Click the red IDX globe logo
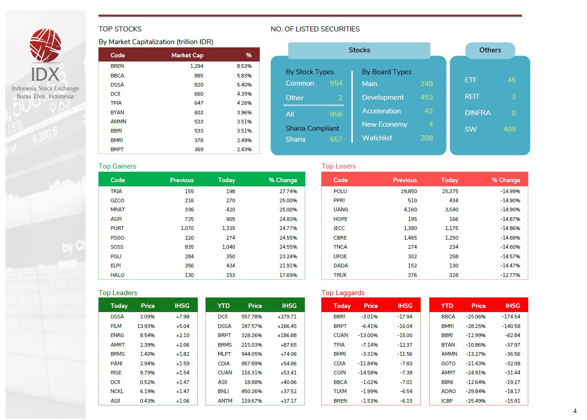click(x=45, y=45)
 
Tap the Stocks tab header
click(x=359, y=50)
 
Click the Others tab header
click(x=490, y=50)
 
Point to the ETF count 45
click(x=511, y=80)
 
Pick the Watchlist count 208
click(x=426, y=138)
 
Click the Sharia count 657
click(x=336, y=139)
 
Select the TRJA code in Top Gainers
click(x=116, y=191)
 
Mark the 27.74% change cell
click(x=288, y=191)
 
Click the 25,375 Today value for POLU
click(x=450, y=191)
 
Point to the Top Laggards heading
click(x=343, y=293)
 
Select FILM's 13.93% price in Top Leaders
click(x=146, y=326)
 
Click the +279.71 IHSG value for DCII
click(x=287, y=317)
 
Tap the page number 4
click(x=575, y=411)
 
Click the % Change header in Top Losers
click(x=505, y=180)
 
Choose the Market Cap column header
click(x=187, y=55)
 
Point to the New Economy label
click(x=384, y=124)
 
